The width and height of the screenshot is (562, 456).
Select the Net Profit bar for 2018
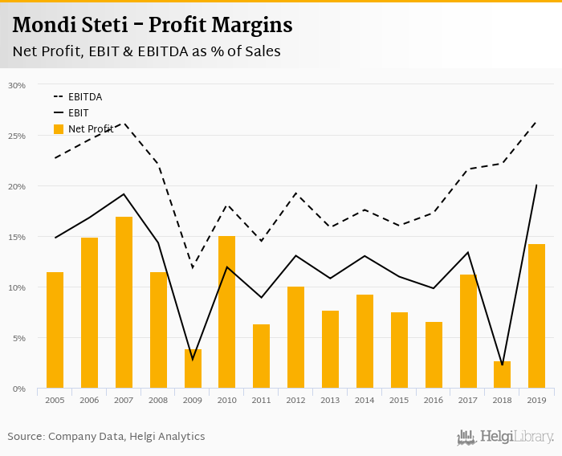503,375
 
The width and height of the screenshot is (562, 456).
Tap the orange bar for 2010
227,312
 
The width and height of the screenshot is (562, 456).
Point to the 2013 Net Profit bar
330,349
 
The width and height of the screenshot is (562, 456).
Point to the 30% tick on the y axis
17,85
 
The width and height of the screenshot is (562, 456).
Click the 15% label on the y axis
17,237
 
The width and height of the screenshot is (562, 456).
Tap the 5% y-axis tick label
18,338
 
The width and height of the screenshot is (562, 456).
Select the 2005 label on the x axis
55,400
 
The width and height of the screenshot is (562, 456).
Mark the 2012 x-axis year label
295,400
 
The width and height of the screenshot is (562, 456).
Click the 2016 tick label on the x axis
434,400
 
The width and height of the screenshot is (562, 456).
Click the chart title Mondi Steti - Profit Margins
153,25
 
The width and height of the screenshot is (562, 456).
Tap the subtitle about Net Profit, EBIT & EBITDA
146,52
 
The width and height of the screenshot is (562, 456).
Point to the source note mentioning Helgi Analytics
106,436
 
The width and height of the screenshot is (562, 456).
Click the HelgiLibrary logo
506,437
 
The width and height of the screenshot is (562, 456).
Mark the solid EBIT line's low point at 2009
193,359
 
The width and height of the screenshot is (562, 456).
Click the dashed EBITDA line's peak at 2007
124,124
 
